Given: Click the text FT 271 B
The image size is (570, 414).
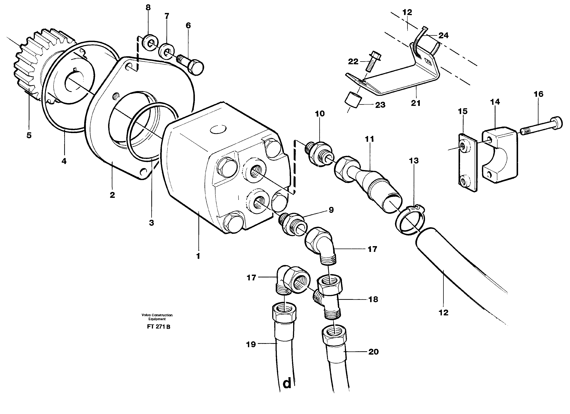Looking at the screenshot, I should [159, 327].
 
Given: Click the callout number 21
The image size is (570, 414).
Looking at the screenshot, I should [415, 103].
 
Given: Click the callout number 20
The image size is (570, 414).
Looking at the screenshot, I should [373, 352].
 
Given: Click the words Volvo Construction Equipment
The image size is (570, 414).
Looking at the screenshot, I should [157, 317].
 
